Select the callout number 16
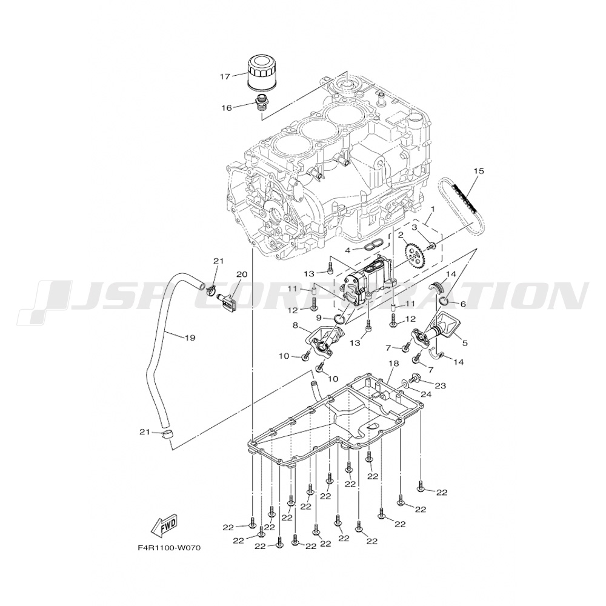pos(226,108)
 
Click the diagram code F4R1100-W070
pos(168,548)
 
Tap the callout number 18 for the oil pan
pos(393,364)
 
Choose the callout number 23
pos(441,385)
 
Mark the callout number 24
pos(426,395)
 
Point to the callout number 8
pos(296,325)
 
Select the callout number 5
pos(465,342)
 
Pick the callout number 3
pos(415,227)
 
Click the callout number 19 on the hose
pos(189,338)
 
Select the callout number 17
pos(225,76)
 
